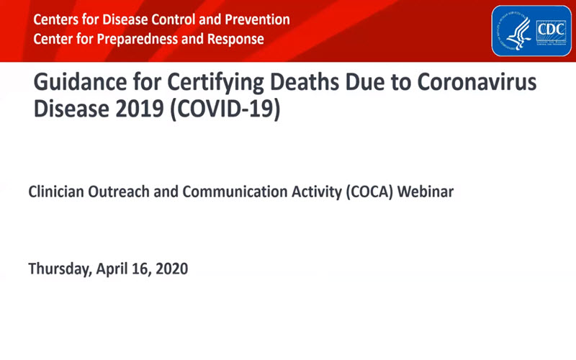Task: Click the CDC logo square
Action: point(549,31)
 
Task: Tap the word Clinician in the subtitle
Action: point(58,192)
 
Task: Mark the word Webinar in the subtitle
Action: point(428,192)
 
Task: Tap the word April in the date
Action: point(114,269)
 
